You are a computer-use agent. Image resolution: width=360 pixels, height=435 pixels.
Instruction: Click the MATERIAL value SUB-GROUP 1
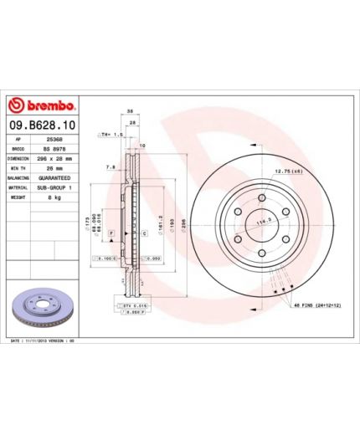[58, 187]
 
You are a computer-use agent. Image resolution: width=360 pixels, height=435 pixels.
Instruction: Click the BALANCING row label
[19, 178]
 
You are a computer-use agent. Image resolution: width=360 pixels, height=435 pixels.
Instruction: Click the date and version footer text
[43, 342]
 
